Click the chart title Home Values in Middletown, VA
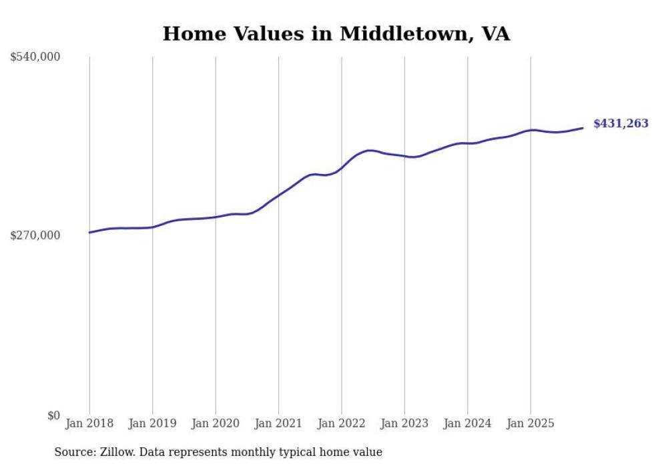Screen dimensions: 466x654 [336, 34]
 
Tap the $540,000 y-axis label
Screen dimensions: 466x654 [35, 57]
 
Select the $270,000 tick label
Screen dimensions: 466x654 [35, 235]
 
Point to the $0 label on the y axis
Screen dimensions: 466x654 [53, 415]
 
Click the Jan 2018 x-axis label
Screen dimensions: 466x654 [89, 423]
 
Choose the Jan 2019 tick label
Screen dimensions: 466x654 [152, 423]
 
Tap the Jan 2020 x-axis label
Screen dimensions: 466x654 [216, 423]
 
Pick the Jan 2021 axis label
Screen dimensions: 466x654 [278, 423]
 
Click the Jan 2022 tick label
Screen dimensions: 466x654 [342, 423]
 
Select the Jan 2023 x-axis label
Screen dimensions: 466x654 [404, 423]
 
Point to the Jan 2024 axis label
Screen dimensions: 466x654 [468, 423]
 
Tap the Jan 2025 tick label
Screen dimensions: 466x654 [531, 423]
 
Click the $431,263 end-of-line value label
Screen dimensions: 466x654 [621, 123]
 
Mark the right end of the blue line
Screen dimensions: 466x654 [583, 128]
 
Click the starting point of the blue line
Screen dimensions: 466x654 [89, 232]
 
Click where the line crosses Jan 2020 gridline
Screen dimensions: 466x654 [216, 217]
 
